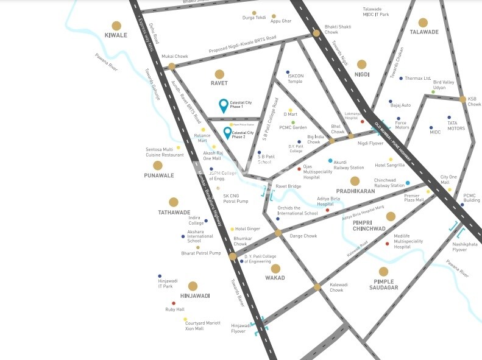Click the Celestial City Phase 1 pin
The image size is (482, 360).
pyautogui.click(x=224, y=105)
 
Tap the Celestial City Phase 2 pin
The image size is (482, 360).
pyautogui.click(x=227, y=132)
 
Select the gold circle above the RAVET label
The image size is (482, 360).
pyautogui.click(x=219, y=74)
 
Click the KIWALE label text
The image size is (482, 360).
pyautogui.click(x=116, y=35)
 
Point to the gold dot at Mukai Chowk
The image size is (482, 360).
pyautogui.click(x=172, y=66)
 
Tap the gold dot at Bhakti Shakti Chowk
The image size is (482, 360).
pyautogui.click(x=316, y=34)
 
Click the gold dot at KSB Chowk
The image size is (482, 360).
pyautogui.click(x=463, y=99)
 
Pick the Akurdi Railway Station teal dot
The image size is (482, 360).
pyautogui.click(x=330, y=161)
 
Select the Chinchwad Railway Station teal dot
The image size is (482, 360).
pyautogui.click(x=408, y=183)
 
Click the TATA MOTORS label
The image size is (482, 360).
pyautogui.click(x=456, y=125)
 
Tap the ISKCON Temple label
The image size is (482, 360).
pyautogui.click(x=295, y=79)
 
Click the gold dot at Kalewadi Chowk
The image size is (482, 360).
pyautogui.click(x=317, y=286)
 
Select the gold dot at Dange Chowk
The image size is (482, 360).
pyautogui.click(x=278, y=233)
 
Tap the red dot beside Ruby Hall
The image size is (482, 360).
pyautogui.click(x=174, y=303)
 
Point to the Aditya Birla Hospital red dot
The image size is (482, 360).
pyautogui.click(x=327, y=210)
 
